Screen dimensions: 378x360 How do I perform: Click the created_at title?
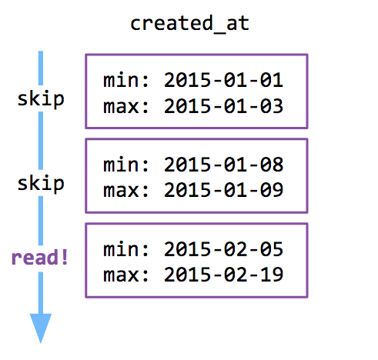tap(189, 24)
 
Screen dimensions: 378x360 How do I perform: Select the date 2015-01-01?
tap(223, 80)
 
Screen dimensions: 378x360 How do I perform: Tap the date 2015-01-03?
tap(223, 105)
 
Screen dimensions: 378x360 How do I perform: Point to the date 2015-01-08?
tap(223, 165)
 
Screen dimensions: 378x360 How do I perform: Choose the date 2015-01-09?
tap(223, 190)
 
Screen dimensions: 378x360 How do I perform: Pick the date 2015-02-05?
tap(223, 249)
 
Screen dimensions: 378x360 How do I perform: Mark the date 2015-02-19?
tap(223, 275)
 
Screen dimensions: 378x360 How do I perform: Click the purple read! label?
tap(39, 257)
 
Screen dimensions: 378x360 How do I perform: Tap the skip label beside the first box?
tap(41, 99)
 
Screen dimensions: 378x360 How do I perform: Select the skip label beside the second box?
tap(41, 183)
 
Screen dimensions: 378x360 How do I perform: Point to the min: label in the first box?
tap(125, 80)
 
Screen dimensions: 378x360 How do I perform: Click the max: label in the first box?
tap(125, 106)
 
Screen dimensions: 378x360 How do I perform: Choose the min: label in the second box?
tap(125, 165)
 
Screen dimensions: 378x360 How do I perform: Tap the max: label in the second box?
tap(125, 191)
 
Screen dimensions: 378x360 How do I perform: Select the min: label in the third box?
tap(125, 249)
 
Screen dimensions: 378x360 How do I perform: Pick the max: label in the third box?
tap(125, 275)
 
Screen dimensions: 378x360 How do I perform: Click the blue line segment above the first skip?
tap(41, 68)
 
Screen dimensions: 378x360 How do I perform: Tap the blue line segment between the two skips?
tap(41, 141)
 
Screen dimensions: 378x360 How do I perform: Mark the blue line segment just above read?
tap(41, 221)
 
